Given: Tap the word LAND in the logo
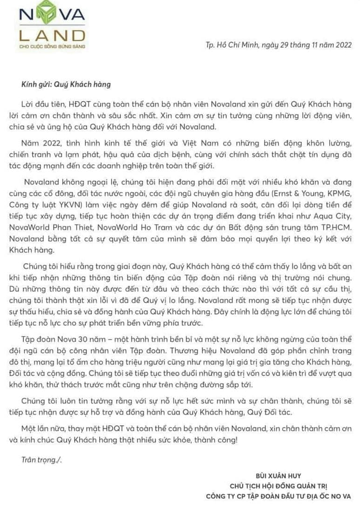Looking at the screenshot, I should pyautogui.click(x=52, y=35).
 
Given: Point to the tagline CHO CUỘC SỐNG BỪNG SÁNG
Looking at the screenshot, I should pyautogui.click(x=52, y=47).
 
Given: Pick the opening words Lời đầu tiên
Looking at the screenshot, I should pyautogui.click(x=41, y=104).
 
